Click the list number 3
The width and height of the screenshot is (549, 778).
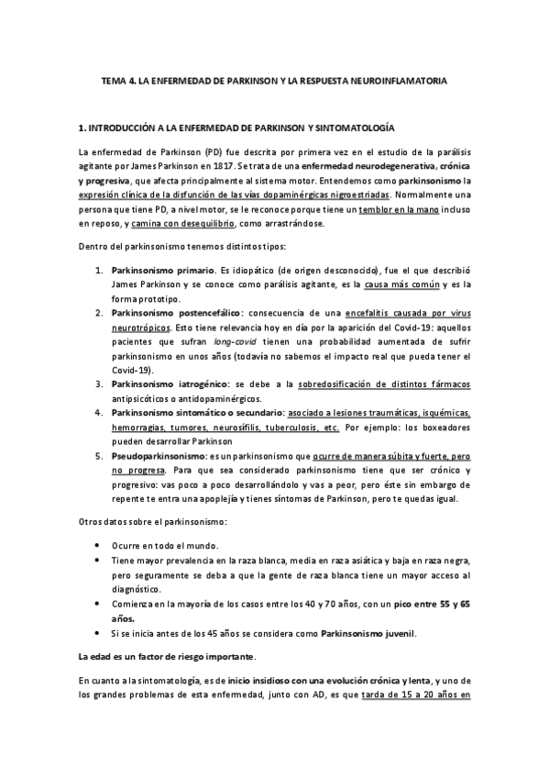coord(100,383)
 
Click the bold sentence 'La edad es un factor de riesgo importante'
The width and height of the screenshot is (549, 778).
coord(167,657)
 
